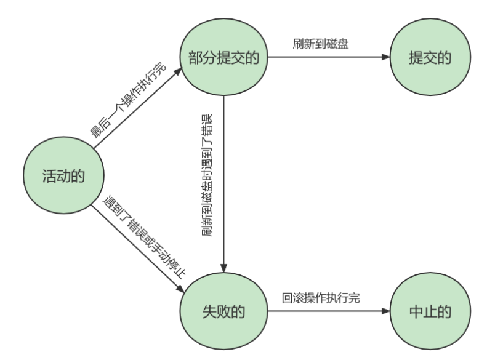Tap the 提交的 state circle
point(430,58)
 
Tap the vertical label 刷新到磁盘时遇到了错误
point(206,175)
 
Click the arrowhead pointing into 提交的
point(385,58)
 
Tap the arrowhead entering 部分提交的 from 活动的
point(179,71)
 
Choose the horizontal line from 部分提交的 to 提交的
point(326,58)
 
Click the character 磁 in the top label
point(332,44)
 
